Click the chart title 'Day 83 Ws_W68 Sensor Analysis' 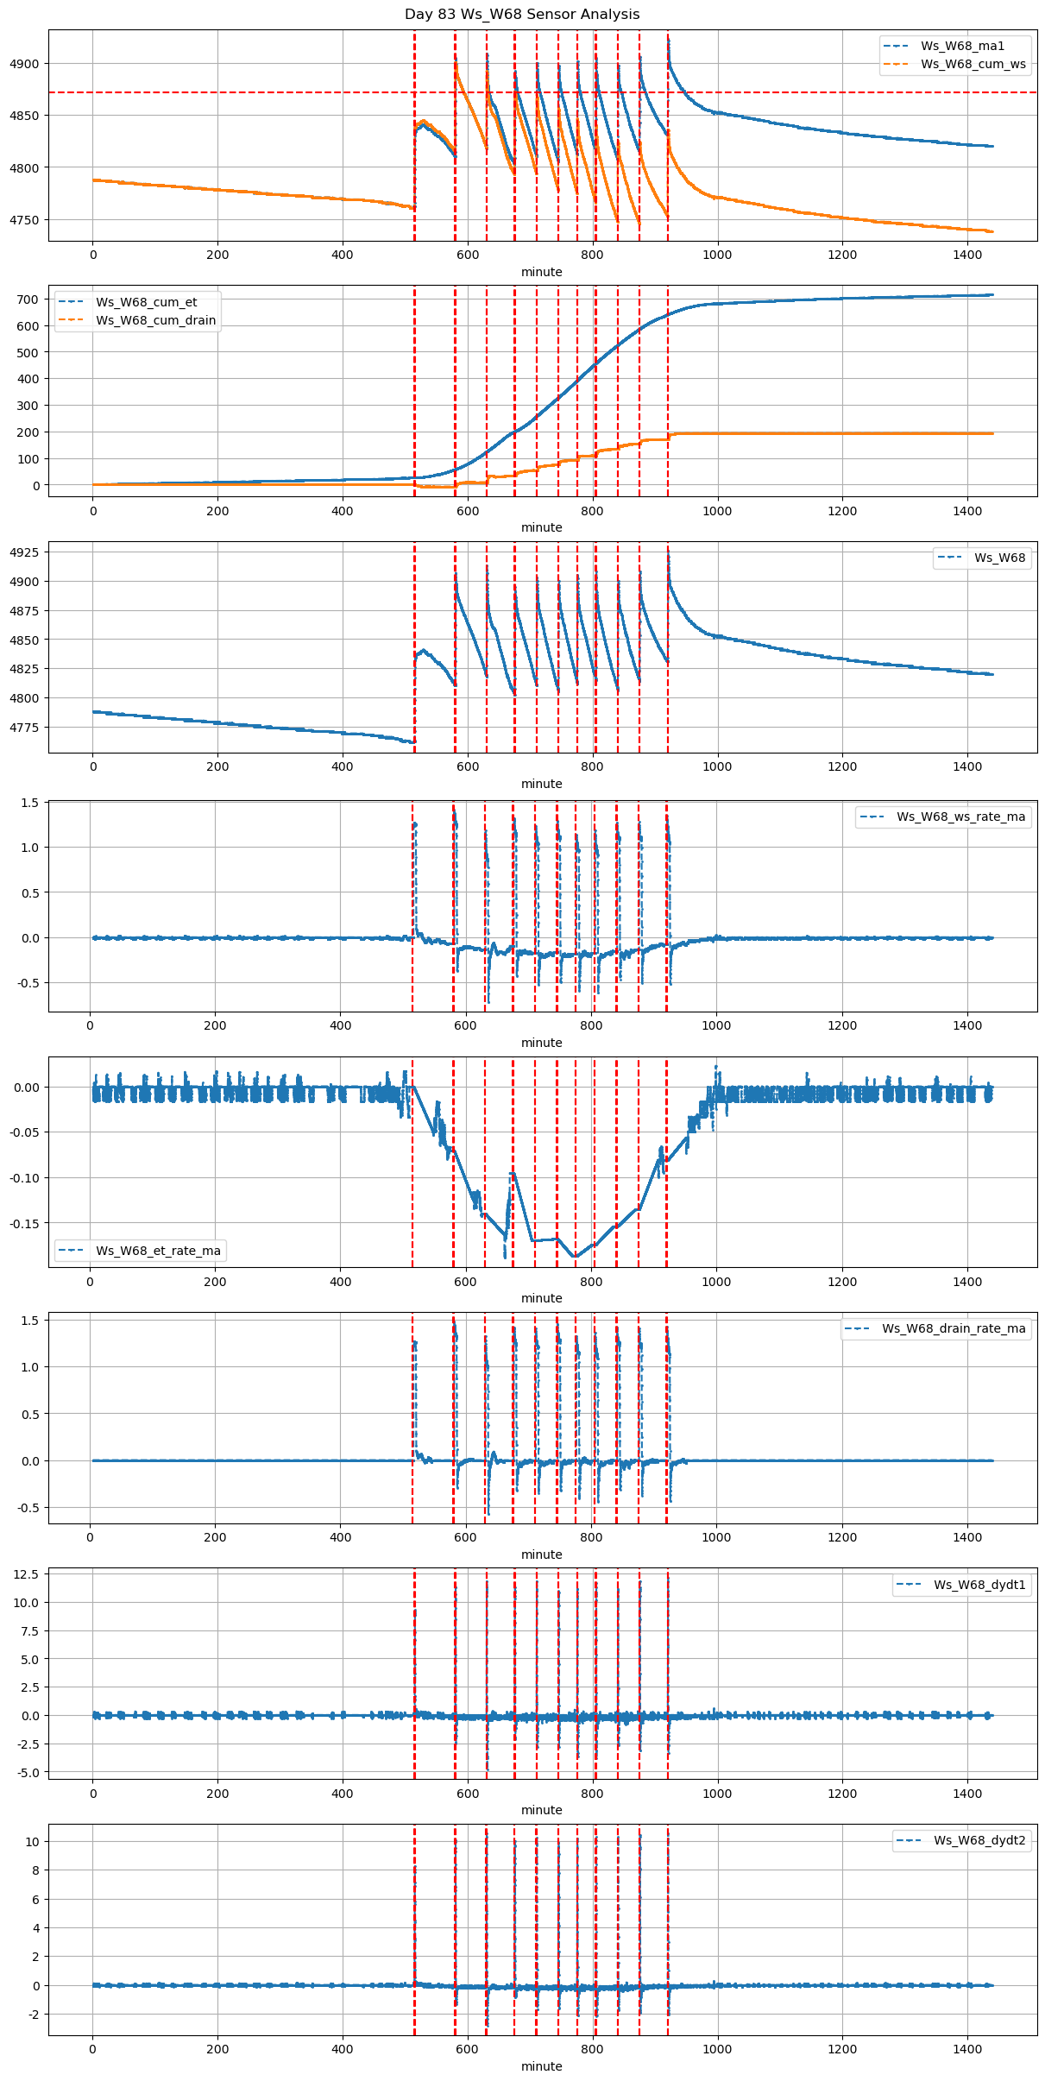click(x=522, y=15)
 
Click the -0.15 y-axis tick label click(x=24, y=1223)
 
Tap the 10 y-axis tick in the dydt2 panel click(x=33, y=1841)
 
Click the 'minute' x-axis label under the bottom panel click(x=541, y=2066)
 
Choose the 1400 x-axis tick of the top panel click(x=967, y=255)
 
